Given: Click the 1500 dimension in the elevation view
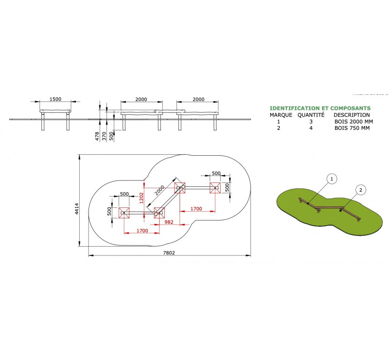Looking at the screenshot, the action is coord(55,99).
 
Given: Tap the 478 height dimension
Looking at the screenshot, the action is coord(97,136).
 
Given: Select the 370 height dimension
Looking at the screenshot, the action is coord(104,136).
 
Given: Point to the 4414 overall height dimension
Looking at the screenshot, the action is coord(77,209).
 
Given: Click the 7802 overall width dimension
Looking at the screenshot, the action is coord(169,253).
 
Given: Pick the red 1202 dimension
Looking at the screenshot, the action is coord(141,198).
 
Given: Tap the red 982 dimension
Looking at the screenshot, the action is coord(169,222).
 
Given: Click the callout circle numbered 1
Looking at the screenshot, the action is coord(332,179).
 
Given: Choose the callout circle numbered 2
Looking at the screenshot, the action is coord(361,190).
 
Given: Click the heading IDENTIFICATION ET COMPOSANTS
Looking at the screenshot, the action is coord(320,108).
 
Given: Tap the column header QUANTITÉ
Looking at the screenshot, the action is coord(311,115).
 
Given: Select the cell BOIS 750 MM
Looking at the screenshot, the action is coord(352,128).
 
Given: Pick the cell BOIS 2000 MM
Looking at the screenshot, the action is coord(354,122).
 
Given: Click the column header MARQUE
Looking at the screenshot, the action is coord(281,115).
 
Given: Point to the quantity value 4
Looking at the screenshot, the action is coord(311,128).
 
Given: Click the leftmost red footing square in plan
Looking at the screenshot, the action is coord(124,213).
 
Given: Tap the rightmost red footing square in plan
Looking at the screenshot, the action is coord(215,188).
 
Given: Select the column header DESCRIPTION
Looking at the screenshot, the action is coord(352,115).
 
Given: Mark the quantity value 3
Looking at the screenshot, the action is coord(311,122).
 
